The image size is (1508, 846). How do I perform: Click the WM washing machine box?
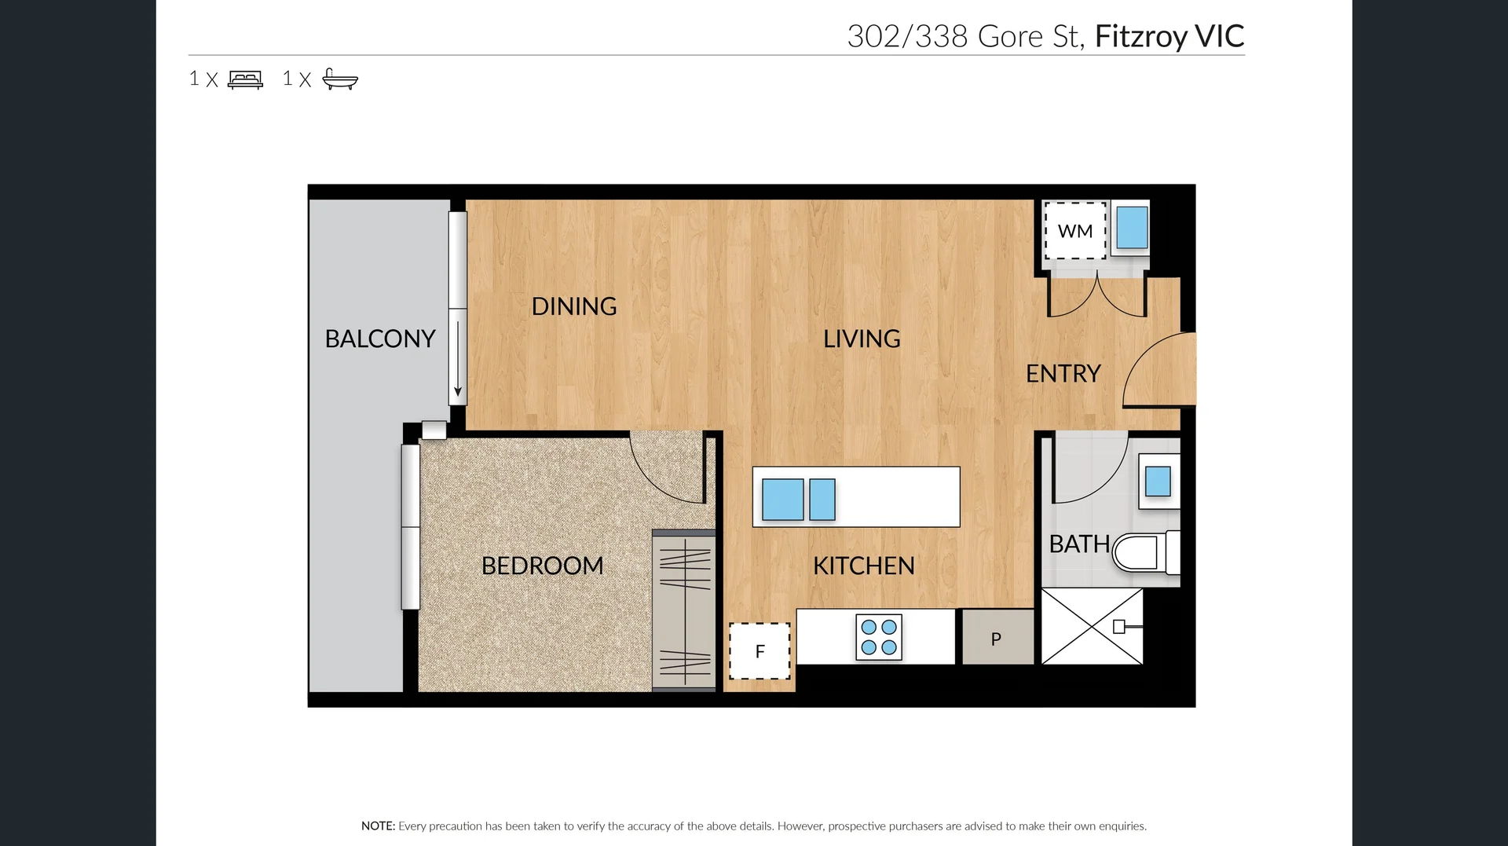[1074, 231]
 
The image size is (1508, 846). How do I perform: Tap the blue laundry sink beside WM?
[1132, 228]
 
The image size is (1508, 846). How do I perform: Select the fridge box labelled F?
[759, 651]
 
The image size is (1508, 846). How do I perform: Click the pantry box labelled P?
[997, 639]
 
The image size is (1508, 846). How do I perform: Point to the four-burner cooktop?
[878, 637]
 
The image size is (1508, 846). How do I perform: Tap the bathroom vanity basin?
[1158, 482]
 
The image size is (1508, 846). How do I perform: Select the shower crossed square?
[1092, 626]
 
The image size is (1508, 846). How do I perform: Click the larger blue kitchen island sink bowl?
[782, 500]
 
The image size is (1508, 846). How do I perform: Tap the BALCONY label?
[380, 339]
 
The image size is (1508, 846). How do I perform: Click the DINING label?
[573, 306]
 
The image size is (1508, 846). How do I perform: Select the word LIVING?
[862, 339]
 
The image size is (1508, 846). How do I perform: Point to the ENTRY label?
[1063, 374]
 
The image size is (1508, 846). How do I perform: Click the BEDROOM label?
[542, 566]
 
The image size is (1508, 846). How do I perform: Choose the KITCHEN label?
[863, 566]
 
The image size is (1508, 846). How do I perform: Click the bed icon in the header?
[245, 79]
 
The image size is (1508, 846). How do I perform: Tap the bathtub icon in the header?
[340, 79]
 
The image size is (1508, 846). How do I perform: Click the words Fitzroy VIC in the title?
[1169, 36]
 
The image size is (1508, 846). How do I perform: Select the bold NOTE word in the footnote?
[378, 826]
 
